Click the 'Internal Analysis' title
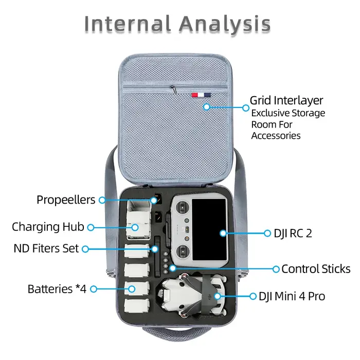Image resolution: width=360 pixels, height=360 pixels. (x=177, y=24)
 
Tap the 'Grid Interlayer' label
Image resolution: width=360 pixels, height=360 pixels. (x=286, y=100)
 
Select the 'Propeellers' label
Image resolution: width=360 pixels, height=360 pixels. (x=66, y=200)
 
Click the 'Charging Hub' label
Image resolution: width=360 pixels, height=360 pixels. (x=48, y=227)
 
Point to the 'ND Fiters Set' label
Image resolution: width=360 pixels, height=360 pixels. (x=46, y=248)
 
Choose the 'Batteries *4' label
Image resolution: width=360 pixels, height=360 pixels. (x=57, y=289)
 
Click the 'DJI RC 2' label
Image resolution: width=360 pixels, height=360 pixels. (x=293, y=233)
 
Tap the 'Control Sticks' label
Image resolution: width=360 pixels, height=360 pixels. (x=316, y=269)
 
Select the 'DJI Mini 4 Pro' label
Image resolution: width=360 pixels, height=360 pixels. (x=292, y=296)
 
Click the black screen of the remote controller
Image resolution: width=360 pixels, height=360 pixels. (x=209, y=229)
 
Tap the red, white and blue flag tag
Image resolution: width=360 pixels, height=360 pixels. (x=201, y=95)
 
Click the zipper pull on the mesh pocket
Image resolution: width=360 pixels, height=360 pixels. (x=173, y=89)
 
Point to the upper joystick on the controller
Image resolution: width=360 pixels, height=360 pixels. (x=182, y=207)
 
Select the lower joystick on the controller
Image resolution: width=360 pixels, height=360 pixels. (x=182, y=251)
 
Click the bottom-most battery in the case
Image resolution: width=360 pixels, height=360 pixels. (x=137, y=305)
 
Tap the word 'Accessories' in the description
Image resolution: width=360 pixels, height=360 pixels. (x=276, y=136)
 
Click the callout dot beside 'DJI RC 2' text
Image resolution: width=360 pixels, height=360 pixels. (x=267, y=233)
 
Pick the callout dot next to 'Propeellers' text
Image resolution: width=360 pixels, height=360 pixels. (x=102, y=200)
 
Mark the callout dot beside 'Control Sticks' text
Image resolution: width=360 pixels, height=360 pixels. (x=276, y=269)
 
